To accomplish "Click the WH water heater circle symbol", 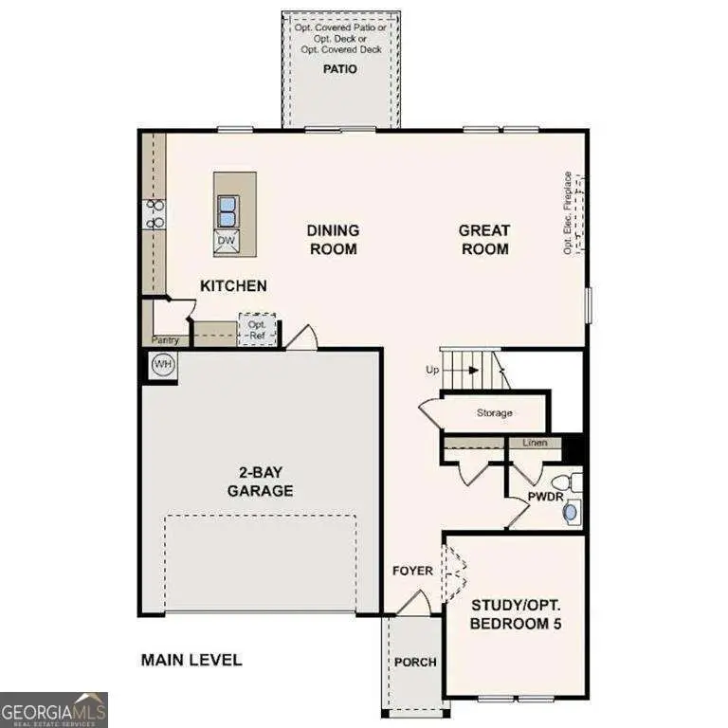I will click(163, 365).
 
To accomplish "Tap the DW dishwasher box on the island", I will click(226, 241).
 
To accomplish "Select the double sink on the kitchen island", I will click(227, 210).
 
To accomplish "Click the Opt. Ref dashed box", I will click(257, 330).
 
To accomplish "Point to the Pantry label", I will click(165, 339).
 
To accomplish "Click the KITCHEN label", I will click(233, 285).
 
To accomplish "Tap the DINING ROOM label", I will click(332, 239).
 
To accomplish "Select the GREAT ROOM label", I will click(483, 239).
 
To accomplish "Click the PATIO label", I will click(340, 69).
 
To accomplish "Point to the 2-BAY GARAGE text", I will click(260, 482).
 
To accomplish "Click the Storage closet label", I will click(494, 412).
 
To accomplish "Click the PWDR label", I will click(546, 496).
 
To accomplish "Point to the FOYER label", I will click(413, 571).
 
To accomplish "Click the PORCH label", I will click(415, 662).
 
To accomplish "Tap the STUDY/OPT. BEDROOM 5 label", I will click(515, 614).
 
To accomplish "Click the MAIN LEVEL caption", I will click(191, 660).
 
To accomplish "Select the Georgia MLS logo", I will click(54, 709).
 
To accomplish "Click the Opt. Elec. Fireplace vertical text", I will click(568, 212).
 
